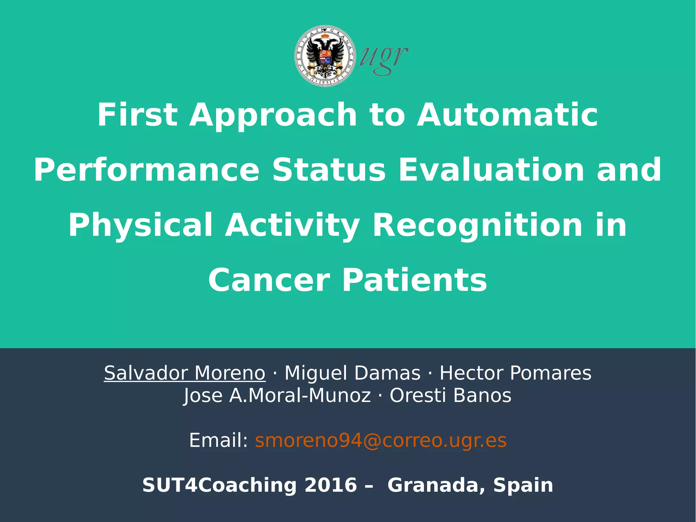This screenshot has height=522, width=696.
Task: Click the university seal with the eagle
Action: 325,56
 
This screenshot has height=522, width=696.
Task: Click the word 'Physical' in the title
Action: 141,225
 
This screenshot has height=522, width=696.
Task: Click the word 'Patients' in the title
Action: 415,280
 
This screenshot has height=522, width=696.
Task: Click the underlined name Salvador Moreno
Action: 185,373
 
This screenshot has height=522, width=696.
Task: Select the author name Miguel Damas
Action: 352,373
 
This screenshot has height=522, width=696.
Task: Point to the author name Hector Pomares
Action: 515,373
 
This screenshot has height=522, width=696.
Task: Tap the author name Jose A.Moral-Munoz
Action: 277,395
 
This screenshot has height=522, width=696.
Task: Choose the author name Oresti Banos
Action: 450,395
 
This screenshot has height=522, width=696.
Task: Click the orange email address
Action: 381,440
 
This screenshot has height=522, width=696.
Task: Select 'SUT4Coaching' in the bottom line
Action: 219,485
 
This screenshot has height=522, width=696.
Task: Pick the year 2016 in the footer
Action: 331,485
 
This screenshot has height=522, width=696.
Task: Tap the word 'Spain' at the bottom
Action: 523,485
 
